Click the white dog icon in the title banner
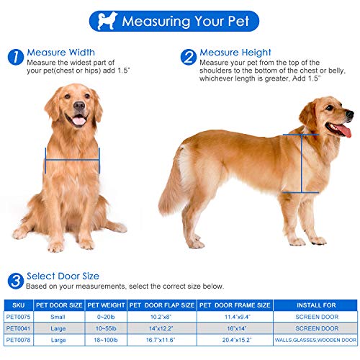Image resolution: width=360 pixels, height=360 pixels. [x=107, y=20]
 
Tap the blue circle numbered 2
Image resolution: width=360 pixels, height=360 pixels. [x=188, y=57]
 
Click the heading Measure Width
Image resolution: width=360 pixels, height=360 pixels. [x=60, y=53]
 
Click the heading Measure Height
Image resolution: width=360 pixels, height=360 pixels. [x=235, y=53]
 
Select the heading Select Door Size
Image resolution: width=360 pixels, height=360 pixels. [x=63, y=276]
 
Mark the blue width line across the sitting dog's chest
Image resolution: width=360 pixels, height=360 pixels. [x=72, y=161]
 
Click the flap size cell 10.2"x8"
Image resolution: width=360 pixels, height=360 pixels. [x=161, y=315]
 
